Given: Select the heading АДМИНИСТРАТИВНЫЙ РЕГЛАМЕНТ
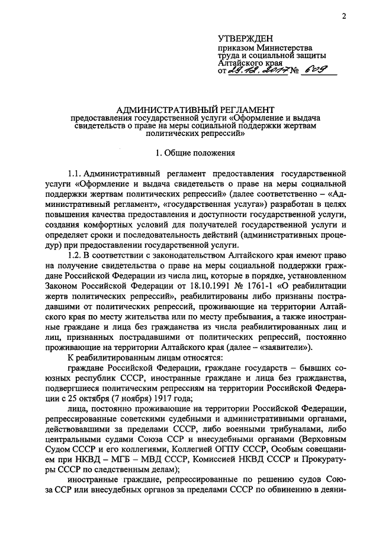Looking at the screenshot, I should point(196,109).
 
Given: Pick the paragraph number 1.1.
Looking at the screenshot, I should point(75,174).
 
